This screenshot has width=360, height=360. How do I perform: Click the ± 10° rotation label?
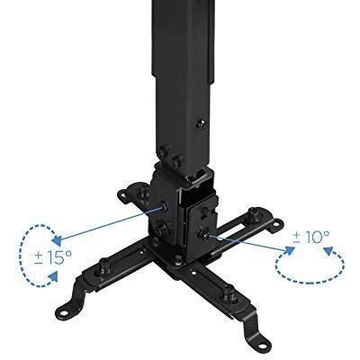pyautogui.click(x=310, y=238)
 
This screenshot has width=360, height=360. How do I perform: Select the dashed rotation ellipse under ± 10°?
pyautogui.click(x=310, y=267)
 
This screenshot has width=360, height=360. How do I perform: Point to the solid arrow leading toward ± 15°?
pyautogui.click(x=108, y=220)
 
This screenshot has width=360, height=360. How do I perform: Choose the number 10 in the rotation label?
pyautogui.click(x=315, y=238)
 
